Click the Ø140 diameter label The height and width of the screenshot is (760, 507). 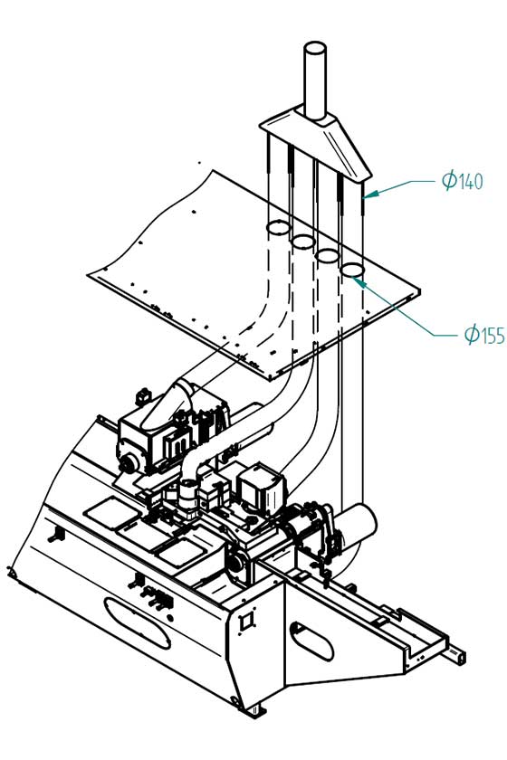463,180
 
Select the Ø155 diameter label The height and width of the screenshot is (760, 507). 484,334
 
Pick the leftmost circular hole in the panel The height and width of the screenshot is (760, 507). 278,227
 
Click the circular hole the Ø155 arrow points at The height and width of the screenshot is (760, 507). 353,270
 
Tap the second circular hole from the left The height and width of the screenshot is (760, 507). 303,241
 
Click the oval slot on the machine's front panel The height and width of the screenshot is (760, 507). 138,622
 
